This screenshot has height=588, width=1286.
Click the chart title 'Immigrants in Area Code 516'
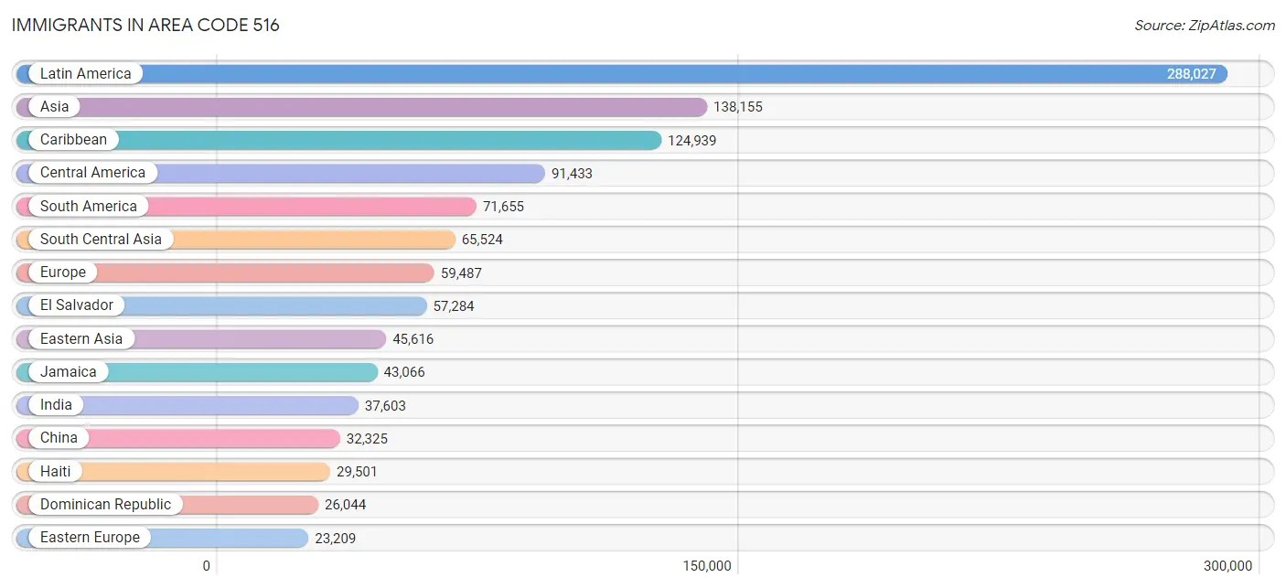[145, 25]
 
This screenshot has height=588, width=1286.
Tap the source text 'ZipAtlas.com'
[1205, 26]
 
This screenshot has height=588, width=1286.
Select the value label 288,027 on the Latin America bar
[1191, 74]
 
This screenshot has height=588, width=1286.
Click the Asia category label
[54, 107]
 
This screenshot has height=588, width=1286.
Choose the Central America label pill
[92, 173]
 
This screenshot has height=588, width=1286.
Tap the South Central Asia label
[101, 240]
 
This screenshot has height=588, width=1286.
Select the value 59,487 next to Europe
[461, 273]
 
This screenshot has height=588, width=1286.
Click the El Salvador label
[77, 305]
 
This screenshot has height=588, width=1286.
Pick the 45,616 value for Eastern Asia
[413, 339]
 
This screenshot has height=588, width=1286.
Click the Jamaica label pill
[68, 372]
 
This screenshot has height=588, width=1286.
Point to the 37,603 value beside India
[385, 405]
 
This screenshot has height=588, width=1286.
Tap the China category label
[59, 438]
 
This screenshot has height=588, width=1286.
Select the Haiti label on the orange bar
[55, 472]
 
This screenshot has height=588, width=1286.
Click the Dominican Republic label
[105, 505]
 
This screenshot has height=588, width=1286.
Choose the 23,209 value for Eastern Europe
[335, 538]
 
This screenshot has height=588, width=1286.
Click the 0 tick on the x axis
[207, 566]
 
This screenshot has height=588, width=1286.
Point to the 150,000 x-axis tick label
[707, 566]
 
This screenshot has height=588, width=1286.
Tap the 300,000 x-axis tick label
[1227, 566]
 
